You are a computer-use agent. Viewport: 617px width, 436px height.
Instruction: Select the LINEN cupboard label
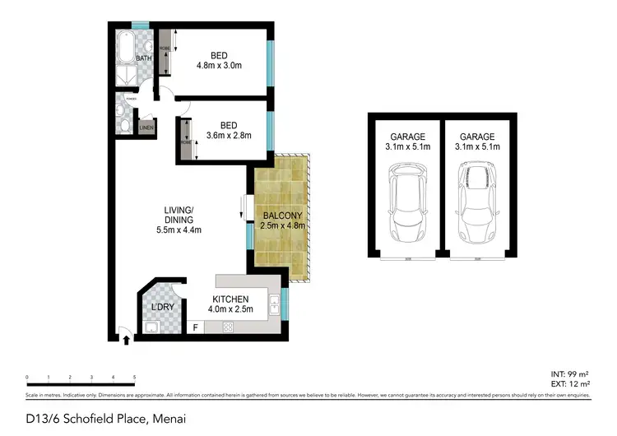pos(146,128)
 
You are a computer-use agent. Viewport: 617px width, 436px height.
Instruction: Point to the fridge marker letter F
pos(195,328)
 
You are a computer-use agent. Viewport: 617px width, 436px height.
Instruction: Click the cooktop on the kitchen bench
pos(229,327)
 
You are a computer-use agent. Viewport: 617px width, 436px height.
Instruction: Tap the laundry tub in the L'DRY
pos(152,328)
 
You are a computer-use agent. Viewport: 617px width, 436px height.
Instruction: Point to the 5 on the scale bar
pos(134,377)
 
